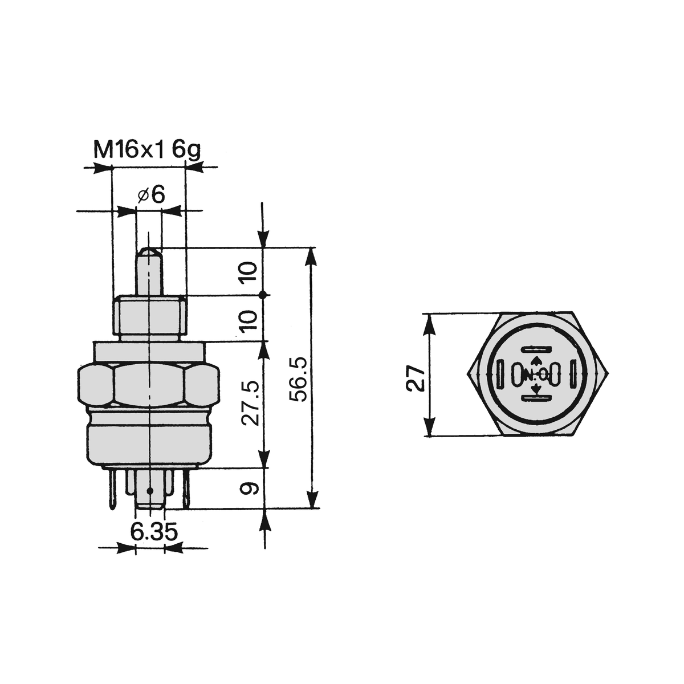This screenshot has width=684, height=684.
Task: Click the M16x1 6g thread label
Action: [x=147, y=150]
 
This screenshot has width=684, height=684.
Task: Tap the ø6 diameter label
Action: [x=152, y=195]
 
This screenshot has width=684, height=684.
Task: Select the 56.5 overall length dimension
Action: [x=298, y=379]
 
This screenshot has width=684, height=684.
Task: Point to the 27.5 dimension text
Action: [x=250, y=404]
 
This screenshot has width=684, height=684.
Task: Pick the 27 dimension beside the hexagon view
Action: [x=415, y=378]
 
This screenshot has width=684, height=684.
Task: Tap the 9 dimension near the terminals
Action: [x=249, y=488]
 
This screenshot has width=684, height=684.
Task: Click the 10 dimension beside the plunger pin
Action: [x=248, y=271]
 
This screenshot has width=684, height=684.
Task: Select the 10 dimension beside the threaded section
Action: [x=248, y=320]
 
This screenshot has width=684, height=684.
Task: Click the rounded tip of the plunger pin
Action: [x=149, y=252]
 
